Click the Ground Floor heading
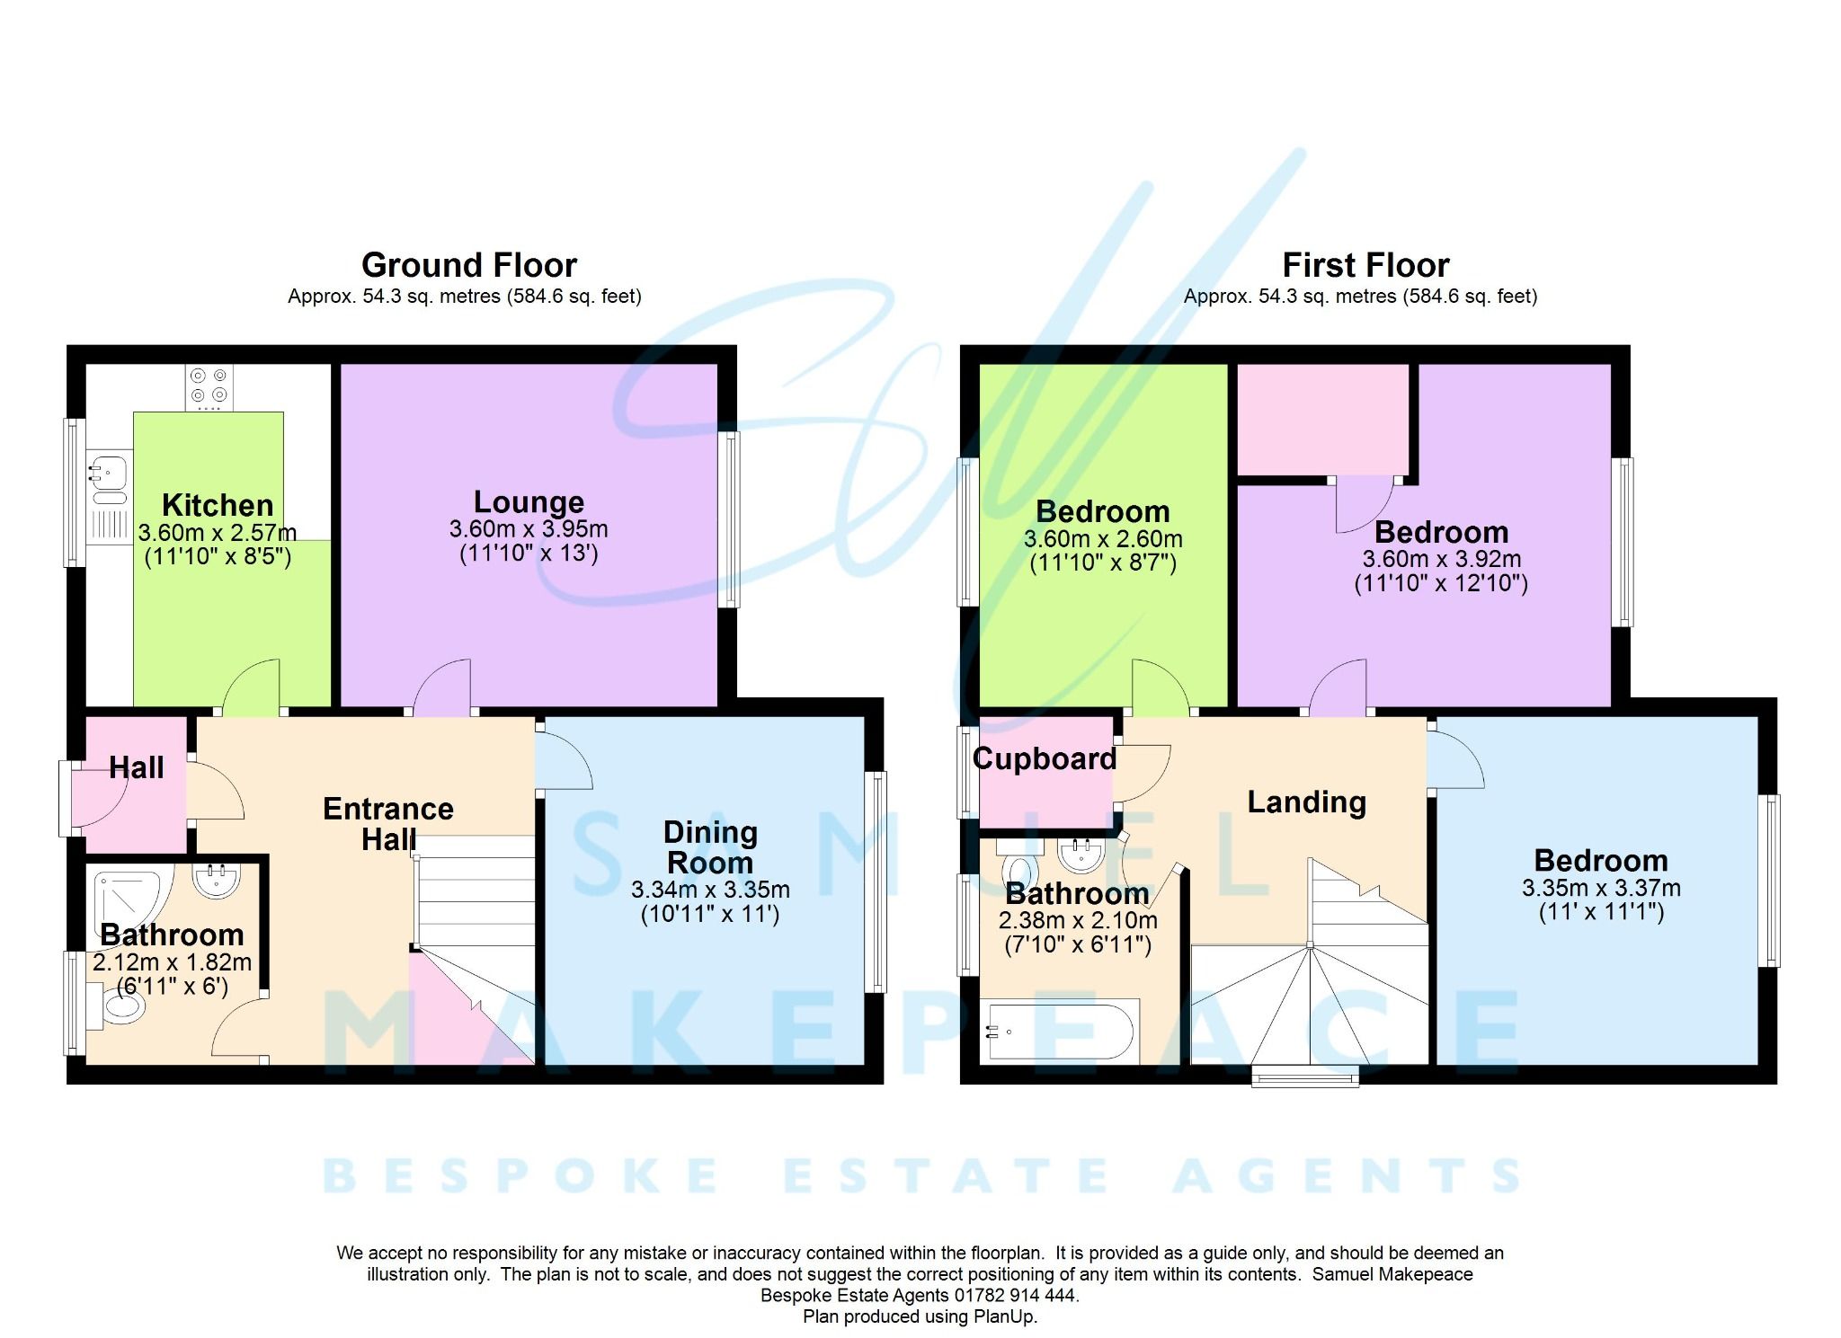(x=468, y=265)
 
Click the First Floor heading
(x=1365, y=265)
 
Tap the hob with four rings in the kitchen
(x=209, y=386)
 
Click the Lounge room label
(x=529, y=501)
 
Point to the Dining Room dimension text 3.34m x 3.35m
(x=710, y=891)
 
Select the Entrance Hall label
(x=388, y=823)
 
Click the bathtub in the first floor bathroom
(x=1061, y=1032)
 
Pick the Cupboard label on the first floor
(x=1045, y=758)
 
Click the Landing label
(x=1306, y=802)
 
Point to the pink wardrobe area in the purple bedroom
(x=1321, y=419)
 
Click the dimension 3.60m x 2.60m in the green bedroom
(x=1102, y=539)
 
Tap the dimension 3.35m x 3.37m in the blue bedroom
(x=1600, y=889)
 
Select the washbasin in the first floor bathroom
(x=1081, y=855)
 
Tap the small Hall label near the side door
(x=136, y=767)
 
